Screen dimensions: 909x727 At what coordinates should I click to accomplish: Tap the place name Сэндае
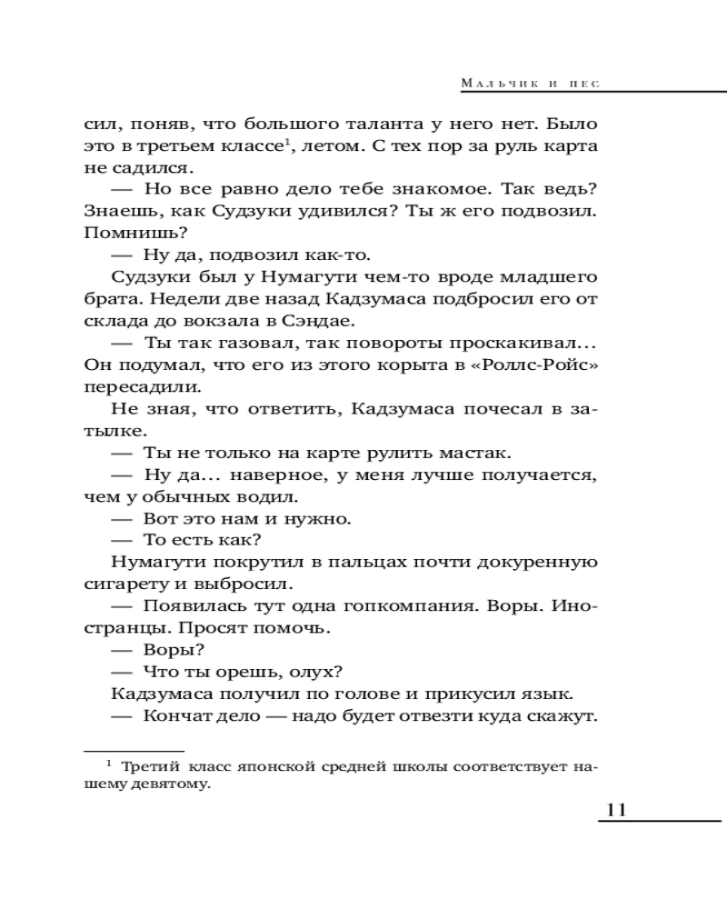coord(322,321)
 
